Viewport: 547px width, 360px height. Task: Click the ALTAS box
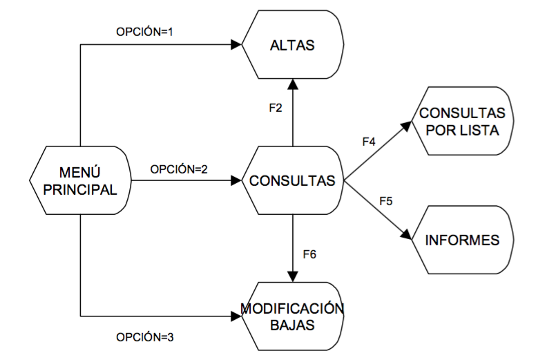coord(291,46)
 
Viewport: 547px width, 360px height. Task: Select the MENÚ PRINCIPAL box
coord(81,180)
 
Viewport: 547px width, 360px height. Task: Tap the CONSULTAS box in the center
coord(292,181)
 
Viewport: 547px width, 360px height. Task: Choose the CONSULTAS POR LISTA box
coord(462,121)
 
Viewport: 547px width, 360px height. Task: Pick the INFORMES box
coord(462,240)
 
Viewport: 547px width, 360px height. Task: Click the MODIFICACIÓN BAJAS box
coord(291,316)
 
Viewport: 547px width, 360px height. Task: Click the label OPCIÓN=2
coord(179,169)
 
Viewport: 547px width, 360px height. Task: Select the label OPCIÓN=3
coord(145,338)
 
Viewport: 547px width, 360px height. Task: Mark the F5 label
coord(386,202)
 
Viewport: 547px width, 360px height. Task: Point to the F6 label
coord(309,254)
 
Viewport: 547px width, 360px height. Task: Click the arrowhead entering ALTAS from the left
coord(236,45)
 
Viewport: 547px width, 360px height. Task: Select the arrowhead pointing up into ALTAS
coord(292,84)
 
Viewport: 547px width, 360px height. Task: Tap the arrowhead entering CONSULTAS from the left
coord(236,181)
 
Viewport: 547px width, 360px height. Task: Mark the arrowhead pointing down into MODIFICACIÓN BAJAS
coord(292,276)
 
